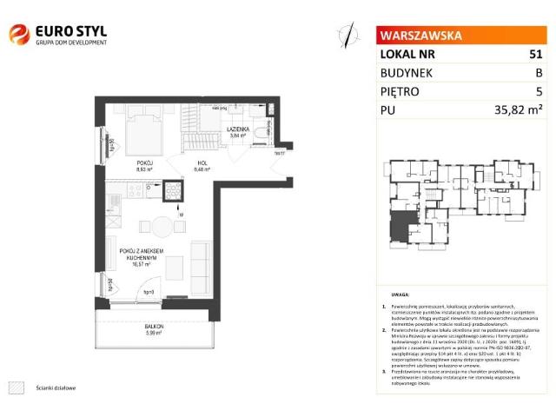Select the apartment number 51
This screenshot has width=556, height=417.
coord(535,54)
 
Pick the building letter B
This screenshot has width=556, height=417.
coord(539,72)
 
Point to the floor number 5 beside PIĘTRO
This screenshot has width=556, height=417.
coord(539,90)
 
